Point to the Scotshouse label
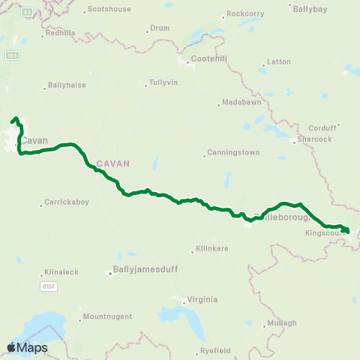coord(109,10)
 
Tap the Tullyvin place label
coord(163,82)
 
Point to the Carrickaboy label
coord(66,202)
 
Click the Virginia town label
coord(202,299)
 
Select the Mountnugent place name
coord(109,316)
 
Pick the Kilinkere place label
coord(211,248)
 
